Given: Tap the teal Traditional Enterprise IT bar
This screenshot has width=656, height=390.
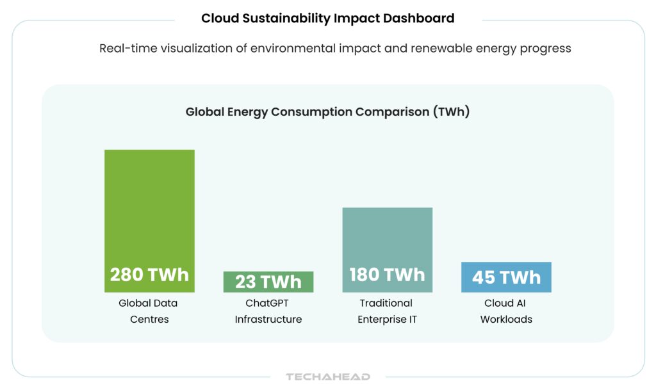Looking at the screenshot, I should pos(387,237).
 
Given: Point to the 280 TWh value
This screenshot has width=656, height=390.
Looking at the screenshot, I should pos(149,275).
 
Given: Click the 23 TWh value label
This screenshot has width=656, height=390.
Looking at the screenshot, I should pos(268,282).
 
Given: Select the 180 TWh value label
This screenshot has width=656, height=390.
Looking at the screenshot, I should pos(387,275).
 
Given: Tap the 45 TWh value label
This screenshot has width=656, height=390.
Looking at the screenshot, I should pos(506,277).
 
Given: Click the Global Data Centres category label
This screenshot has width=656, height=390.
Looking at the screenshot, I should pos(148,311).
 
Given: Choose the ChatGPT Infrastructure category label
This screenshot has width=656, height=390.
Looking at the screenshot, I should pos(268,311).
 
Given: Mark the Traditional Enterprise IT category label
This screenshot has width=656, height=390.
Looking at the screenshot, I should pos(386,311).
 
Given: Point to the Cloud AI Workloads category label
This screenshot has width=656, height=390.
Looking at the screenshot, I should pos(506,311).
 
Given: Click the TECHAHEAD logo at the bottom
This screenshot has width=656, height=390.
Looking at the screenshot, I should pos(328,377).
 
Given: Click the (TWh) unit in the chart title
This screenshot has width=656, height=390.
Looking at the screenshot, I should pos(451,111).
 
